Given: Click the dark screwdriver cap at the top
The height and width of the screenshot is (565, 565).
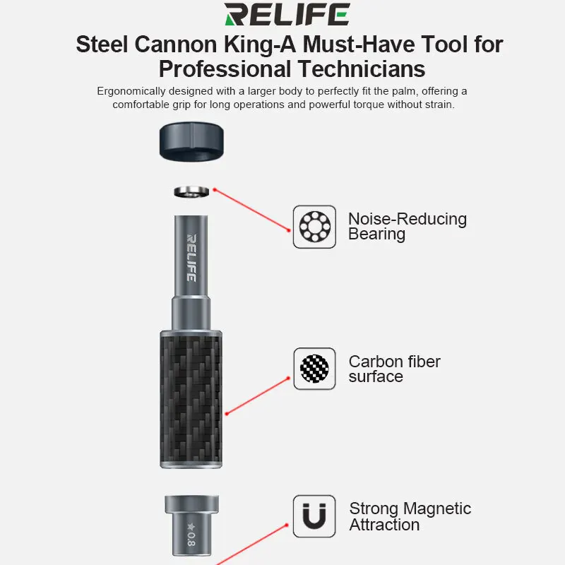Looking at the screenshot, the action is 191,141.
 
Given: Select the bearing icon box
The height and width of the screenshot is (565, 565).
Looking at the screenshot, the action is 314,226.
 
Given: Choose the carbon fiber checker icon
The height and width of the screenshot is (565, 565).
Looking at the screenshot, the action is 314,369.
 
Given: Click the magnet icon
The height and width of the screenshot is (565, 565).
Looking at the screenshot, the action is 314,516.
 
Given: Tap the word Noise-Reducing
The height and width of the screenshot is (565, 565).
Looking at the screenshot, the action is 408,219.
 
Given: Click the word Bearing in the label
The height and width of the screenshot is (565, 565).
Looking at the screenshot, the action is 376,234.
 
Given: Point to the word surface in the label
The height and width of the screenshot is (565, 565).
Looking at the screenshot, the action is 376,376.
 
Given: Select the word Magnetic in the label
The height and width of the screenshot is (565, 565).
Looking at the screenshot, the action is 438,509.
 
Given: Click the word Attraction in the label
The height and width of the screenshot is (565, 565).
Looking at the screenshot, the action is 384,525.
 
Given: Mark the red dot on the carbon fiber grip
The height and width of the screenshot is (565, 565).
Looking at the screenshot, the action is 225,414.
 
